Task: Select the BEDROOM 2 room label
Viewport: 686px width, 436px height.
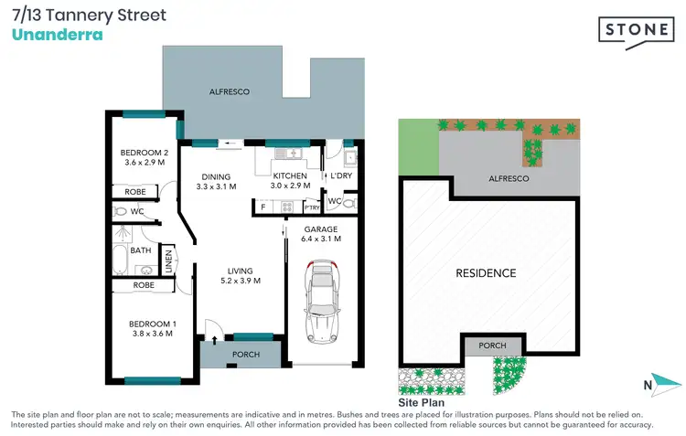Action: tap(145, 152)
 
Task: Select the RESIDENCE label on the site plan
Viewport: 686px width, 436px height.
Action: tap(486, 273)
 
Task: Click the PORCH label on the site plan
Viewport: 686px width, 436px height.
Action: tap(493, 346)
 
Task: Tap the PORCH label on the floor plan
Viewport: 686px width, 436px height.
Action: tap(246, 355)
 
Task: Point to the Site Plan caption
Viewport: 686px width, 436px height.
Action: tap(421, 402)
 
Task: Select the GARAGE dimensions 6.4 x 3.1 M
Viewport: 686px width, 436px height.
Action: tap(320, 239)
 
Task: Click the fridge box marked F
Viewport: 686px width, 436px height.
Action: tap(263, 207)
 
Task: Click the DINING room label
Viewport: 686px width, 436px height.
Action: tap(217, 176)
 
